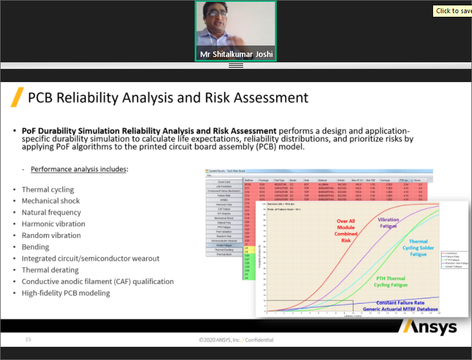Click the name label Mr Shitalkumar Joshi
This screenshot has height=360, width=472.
(x=236, y=54)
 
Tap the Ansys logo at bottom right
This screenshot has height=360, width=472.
(x=429, y=326)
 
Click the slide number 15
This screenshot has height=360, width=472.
(x=28, y=340)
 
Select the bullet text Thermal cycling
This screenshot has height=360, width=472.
(x=48, y=189)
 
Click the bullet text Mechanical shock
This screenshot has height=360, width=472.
(x=50, y=201)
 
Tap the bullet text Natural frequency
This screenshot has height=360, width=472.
(x=52, y=212)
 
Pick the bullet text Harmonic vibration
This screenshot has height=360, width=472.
(x=53, y=223)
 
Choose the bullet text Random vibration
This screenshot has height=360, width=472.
(x=51, y=235)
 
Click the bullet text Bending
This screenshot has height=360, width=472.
(x=35, y=247)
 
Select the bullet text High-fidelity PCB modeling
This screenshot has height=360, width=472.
(x=66, y=293)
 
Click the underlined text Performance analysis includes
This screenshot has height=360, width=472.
(x=79, y=170)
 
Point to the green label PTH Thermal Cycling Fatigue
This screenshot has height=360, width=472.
(x=391, y=282)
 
